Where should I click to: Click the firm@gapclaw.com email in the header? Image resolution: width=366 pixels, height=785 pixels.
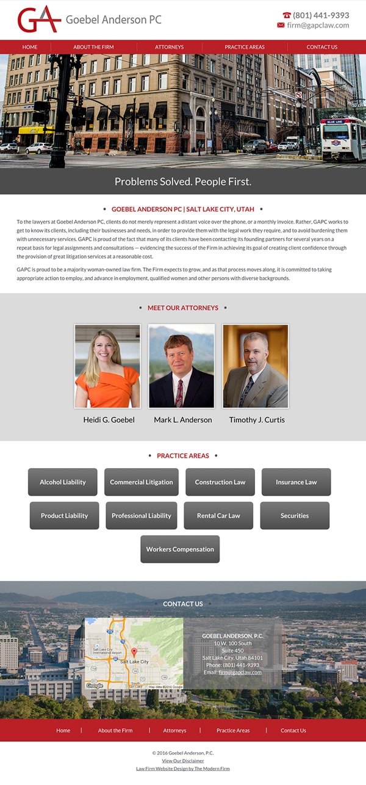click(318, 26)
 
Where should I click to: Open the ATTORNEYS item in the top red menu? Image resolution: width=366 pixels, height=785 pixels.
click(169, 47)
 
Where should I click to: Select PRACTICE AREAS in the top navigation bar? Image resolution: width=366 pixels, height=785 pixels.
click(244, 47)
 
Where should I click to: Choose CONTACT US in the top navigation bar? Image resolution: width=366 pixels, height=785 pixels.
click(321, 47)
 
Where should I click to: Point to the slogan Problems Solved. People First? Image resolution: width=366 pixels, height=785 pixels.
click(183, 181)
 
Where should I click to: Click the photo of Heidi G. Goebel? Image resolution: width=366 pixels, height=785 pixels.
click(107, 366)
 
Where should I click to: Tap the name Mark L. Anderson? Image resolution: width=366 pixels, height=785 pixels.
click(183, 420)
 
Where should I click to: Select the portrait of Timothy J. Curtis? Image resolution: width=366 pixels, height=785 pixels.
click(255, 366)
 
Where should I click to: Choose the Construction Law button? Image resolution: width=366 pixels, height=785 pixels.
click(220, 482)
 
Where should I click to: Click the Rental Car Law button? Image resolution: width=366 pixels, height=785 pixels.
click(218, 516)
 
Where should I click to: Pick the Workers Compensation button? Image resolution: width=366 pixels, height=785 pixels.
click(180, 549)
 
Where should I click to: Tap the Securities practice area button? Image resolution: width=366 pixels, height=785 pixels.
click(295, 516)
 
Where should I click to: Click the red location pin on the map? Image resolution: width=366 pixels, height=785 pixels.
click(134, 653)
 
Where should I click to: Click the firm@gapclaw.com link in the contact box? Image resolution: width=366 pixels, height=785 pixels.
click(240, 672)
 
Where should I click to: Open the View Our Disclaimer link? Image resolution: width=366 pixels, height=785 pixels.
click(183, 761)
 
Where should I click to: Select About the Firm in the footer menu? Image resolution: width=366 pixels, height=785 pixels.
click(115, 731)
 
